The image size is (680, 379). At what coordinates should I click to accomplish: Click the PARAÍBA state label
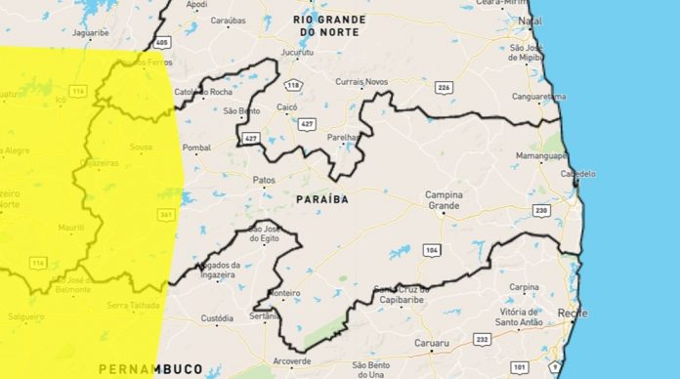(x=321, y=199)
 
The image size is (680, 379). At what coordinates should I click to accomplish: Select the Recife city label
(x=573, y=312)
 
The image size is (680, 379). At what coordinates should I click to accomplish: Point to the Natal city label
(x=531, y=20)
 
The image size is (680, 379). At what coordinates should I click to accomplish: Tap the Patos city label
(x=264, y=181)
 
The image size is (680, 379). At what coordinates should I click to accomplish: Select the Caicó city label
(x=286, y=105)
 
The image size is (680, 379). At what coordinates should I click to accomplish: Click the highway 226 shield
(x=445, y=88)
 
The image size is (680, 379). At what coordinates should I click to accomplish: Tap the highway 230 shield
(x=542, y=210)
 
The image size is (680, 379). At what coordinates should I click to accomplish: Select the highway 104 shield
(x=431, y=250)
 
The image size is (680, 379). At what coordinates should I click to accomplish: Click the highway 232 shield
(x=482, y=339)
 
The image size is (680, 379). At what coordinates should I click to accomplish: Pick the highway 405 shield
(x=161, y=43)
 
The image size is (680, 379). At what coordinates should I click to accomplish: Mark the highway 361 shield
(x=165, y=216)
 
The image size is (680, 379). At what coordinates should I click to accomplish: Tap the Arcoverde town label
(x=291, y=360)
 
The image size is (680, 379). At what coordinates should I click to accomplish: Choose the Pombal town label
(x=196, y=147)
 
